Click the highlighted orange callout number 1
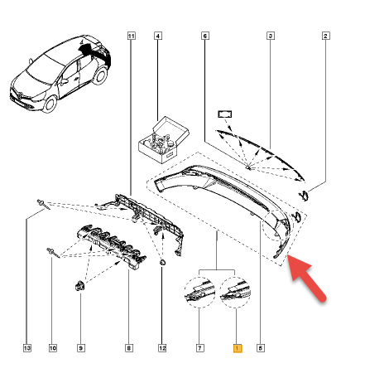coord(238,348)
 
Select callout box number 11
coord(132,36)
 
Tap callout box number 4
coord(158,36)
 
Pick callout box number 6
coord(204,36)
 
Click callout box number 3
coord(271,36)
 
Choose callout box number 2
coord(325,36)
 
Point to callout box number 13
coord(27,348)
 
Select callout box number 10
coord(53,348)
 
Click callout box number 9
coord(81,348)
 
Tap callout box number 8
coord(128,348)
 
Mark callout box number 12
coord(162,348)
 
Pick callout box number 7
coord(199,348)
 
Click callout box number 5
coord(261,348)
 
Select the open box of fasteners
coord(163,139)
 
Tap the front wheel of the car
coord(50,104)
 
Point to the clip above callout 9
coord(79,285)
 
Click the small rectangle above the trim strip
coord(225,114)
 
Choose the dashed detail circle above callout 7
coord(199,293)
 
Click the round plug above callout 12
coord(162,262)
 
